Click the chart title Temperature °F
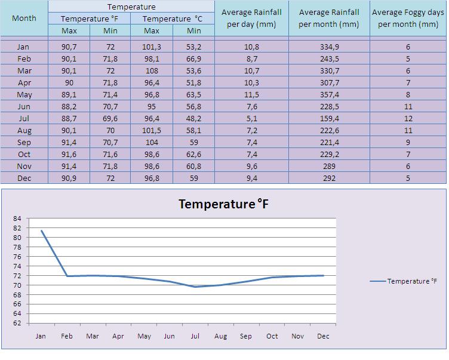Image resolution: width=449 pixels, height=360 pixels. coord(224,204)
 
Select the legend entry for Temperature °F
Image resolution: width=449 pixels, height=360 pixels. coord(408,281)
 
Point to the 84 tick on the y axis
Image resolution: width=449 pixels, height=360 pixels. coord(17,219)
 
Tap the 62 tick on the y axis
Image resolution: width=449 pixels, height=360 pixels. coord(17,323)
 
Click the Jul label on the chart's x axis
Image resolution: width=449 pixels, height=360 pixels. coord(195,336)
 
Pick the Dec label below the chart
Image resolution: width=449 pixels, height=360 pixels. coord(323,336)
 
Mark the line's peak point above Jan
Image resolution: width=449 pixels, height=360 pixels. coord(41,230)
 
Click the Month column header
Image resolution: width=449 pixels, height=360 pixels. coord(24,18)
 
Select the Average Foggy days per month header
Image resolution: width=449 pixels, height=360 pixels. coord(408,18)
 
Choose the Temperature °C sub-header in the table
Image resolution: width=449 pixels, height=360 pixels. coord(173,19)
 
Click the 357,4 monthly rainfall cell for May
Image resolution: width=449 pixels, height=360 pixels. coord(329,94)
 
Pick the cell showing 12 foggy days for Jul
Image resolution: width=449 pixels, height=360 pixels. coord(408,118)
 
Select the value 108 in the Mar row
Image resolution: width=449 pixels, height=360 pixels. coord(152,70)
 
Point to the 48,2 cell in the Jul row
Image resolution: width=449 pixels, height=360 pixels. coord(193,118)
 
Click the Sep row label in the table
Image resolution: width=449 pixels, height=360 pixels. coord(24,142)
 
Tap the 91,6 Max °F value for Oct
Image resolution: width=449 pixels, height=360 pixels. coord(69,154)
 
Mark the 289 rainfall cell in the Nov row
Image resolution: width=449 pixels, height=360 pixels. coord(329,166)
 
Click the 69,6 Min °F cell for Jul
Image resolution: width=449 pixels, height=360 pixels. coord(110,118)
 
